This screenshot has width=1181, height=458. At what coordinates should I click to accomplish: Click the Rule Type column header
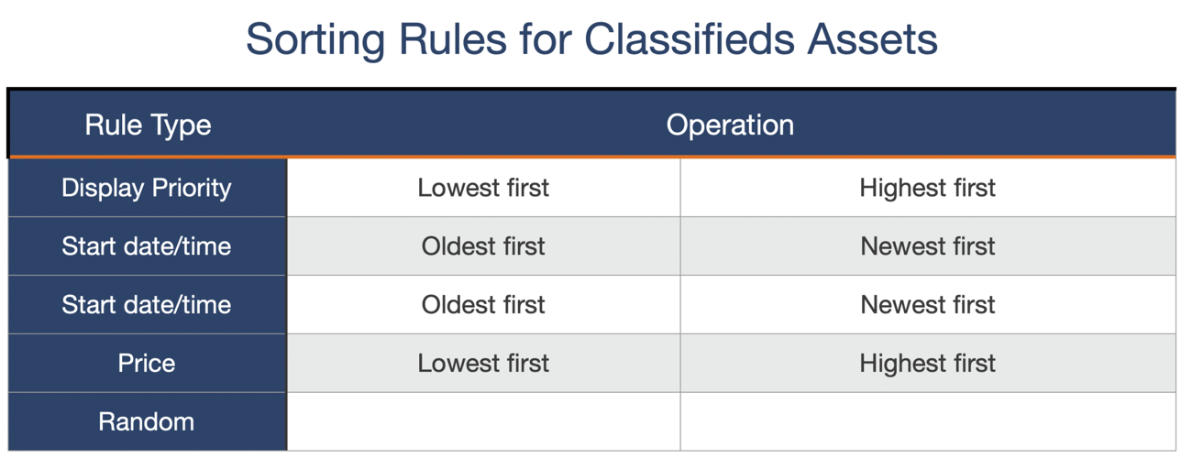[148, 125]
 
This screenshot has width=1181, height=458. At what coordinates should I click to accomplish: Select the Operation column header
[730, 125]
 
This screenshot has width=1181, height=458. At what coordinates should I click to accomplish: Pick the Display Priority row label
[147, 188]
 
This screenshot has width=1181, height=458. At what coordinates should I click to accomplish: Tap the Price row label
[147, 364]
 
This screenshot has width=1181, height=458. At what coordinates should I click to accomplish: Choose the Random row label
[147, 422]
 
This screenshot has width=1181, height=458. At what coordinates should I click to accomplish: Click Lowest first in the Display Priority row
[483, 188]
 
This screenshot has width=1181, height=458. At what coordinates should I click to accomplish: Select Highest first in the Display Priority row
[927, 188]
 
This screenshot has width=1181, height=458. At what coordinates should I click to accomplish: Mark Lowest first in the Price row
[483, 364]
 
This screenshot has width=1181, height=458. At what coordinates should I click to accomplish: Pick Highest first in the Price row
[927, 364]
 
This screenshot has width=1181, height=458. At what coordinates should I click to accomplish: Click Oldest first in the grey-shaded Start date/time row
[483, 246]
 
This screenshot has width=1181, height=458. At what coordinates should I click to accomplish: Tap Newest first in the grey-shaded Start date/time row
[927, 246]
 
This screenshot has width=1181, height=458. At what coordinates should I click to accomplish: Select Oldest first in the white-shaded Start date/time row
[483, 305]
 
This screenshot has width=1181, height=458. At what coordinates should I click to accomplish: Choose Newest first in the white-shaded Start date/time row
[927, 305]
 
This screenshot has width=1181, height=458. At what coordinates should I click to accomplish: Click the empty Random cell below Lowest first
[483, 422]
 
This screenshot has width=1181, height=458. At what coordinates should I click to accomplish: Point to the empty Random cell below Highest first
[927, 422]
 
